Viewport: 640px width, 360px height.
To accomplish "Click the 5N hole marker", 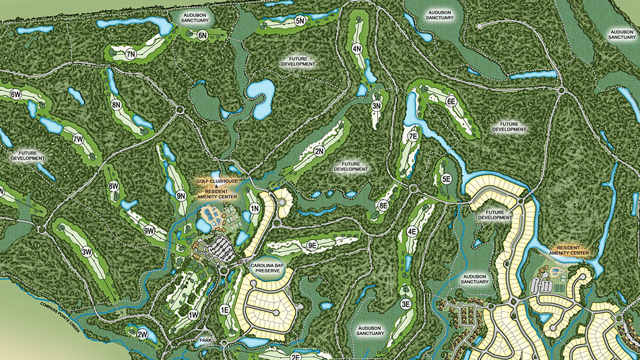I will tap(300, 22).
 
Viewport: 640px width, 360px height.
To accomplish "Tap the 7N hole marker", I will tap(131, 53).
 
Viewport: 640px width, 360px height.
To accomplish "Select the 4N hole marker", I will tap(357, 49).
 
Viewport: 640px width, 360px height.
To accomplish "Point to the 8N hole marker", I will tap(117, 104).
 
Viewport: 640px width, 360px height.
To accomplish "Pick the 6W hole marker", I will tap(15, 95).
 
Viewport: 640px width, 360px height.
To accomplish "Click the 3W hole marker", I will tap(86, 251).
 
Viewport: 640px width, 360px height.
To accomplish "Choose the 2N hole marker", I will tap(319, 151).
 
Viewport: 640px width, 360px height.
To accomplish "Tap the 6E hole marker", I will tap(451, 101).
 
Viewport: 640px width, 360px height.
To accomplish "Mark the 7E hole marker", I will tap(414, 136).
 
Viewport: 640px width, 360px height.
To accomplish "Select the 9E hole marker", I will tap(312, 245).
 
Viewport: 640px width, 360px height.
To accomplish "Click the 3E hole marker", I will tap(406, 304).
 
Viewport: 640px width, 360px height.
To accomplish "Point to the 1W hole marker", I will tap(193, 315).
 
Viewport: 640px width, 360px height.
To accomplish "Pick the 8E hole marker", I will tap(383, 206).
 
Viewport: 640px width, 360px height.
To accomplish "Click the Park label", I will tap(205, 341).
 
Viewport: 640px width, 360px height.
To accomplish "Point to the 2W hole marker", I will tap(142, 334).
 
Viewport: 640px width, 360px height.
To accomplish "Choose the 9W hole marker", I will tap(149, 231).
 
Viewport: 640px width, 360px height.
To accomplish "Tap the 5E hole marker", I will tap(446, 179).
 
